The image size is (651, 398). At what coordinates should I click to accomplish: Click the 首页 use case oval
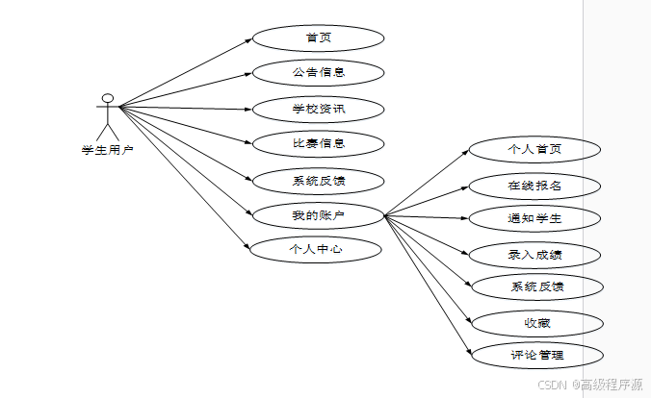click(x=318, y=38)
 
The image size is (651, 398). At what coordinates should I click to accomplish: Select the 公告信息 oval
click(x=318, y=72)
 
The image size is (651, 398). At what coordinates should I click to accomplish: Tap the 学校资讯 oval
click(x=318, y=109)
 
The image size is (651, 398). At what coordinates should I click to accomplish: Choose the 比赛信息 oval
click(x=318, y=144)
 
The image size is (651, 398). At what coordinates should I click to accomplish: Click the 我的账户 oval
click(x=318, y=215)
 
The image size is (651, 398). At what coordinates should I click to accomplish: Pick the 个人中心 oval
click(x=316, y=249)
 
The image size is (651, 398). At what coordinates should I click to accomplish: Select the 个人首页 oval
click(x=535, y=149)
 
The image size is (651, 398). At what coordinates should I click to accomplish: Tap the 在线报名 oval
click(x=535, y=185)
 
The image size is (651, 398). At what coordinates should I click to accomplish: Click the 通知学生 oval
click(x=535, y=218)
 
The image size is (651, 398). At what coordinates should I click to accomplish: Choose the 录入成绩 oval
click(x=535, y=255)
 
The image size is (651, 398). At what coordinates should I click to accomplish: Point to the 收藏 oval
click(x=537, y=322)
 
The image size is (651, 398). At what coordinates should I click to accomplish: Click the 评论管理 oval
click(x=537, y=355)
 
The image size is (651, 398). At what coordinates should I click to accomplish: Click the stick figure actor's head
click(x=108, y=97)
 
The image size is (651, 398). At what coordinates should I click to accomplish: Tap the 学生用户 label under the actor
click(x=108, y=149)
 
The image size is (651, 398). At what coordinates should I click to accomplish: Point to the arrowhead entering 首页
click(x=248, y=40)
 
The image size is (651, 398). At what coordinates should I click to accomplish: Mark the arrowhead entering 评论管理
click(x=468, y=354)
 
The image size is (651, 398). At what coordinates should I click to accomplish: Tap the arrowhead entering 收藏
click(x=468, y=321)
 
